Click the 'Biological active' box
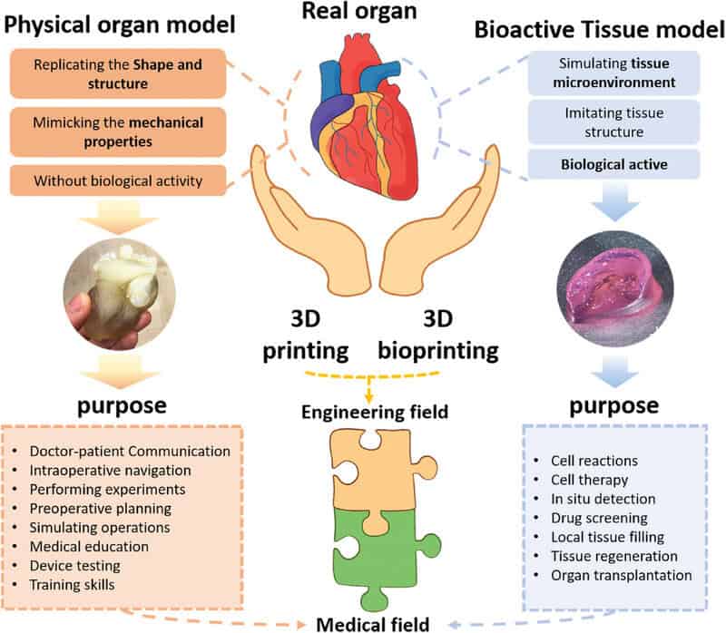click(613, 164)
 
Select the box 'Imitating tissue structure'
click(613, 122)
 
